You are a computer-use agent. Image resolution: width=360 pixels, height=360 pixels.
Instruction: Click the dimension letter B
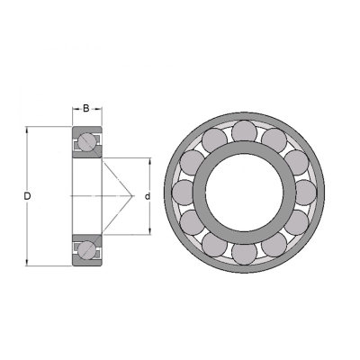coord(86,108)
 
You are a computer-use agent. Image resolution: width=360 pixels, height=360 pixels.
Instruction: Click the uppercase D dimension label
coord(27,196)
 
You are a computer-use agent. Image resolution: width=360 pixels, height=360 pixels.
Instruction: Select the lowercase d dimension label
coord(148,197)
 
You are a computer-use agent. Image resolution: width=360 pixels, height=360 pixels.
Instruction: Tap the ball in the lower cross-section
coord(87,248)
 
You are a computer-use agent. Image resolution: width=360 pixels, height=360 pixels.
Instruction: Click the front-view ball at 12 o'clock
coord(245,133)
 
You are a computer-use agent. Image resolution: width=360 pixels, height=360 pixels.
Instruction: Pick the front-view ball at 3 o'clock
coord(303,193)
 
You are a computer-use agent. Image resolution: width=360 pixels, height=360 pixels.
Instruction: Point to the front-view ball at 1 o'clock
coord(274,141)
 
